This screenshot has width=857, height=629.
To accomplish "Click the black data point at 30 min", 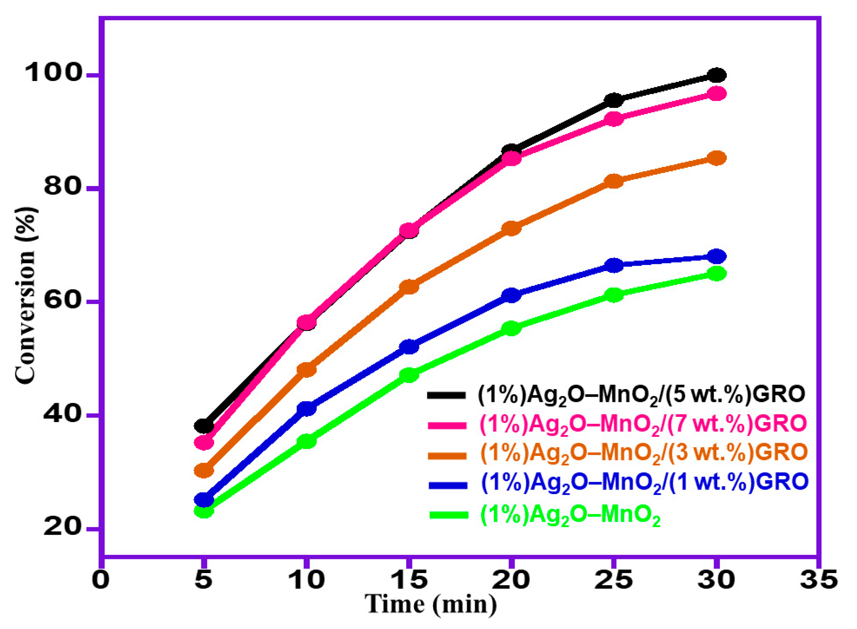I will [716, 75].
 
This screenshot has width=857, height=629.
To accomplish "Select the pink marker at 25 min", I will [614, 119].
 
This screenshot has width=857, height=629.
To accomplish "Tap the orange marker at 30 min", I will [716, 158].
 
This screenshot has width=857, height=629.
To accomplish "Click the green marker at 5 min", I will [204, 511].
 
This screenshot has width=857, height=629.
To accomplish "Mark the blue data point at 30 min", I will [716, 257].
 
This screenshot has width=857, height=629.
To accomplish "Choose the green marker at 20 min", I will [511, 328].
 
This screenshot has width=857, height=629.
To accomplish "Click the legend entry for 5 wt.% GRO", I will [641, 395].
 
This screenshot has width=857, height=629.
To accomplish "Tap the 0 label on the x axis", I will [101, 580].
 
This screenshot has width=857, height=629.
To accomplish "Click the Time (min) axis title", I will [431, 604].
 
